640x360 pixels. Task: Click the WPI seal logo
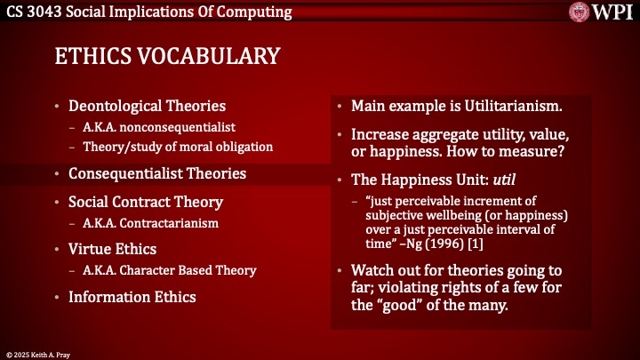tap(581, 12)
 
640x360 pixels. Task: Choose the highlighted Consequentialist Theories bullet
tap(157, 173)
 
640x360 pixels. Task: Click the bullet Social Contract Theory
tap(146, 202)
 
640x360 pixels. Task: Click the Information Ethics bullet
tap(133, 297)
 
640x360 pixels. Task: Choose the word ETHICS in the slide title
tap(84, 56)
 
